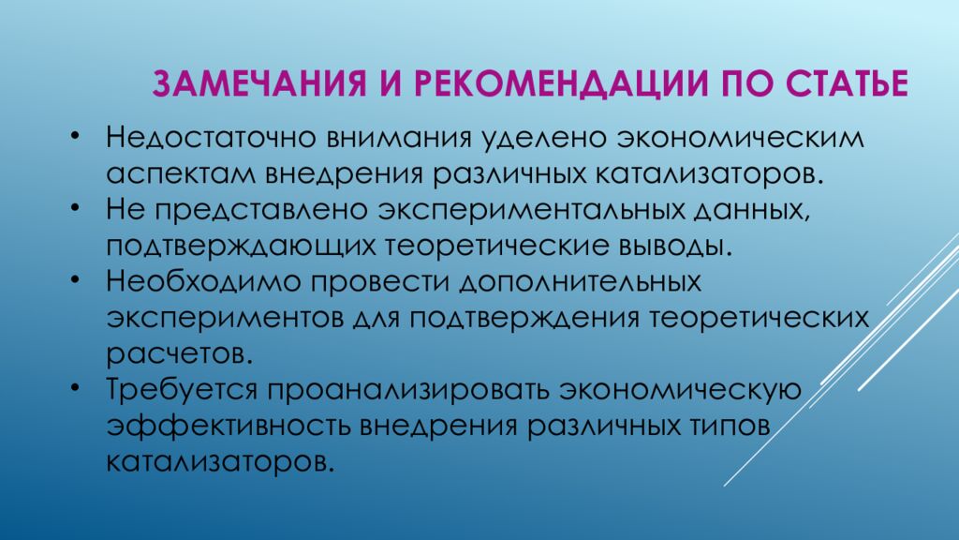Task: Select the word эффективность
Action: click(x=224, y=426)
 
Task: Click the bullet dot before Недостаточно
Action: click(x=75, y=138)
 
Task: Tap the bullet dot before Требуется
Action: click(x=75, y=389)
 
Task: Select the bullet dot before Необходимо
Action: click(x=75, y=282)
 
